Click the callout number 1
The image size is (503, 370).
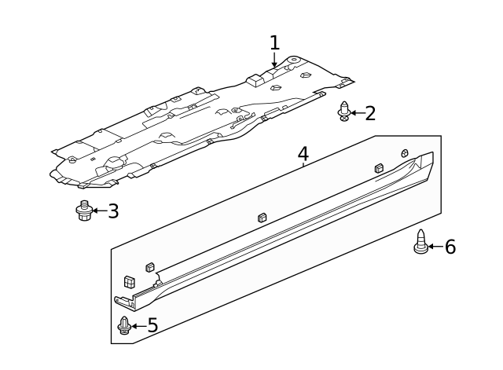274,42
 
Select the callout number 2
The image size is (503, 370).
370,113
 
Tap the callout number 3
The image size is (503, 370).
113,211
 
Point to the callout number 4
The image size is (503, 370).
303,153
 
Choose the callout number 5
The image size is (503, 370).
152,325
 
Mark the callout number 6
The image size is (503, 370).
450,247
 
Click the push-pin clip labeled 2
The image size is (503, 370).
343,112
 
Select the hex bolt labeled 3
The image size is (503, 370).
85,211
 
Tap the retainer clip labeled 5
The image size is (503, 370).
124,325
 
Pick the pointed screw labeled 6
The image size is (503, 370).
421,243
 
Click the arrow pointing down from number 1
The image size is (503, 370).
274,61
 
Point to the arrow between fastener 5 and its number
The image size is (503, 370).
138,325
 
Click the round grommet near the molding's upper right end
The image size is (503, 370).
406,152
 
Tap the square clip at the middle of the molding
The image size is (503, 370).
262,218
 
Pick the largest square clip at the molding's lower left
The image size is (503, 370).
129,280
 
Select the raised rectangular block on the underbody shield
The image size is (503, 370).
255,79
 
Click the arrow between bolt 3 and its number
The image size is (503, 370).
98,211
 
